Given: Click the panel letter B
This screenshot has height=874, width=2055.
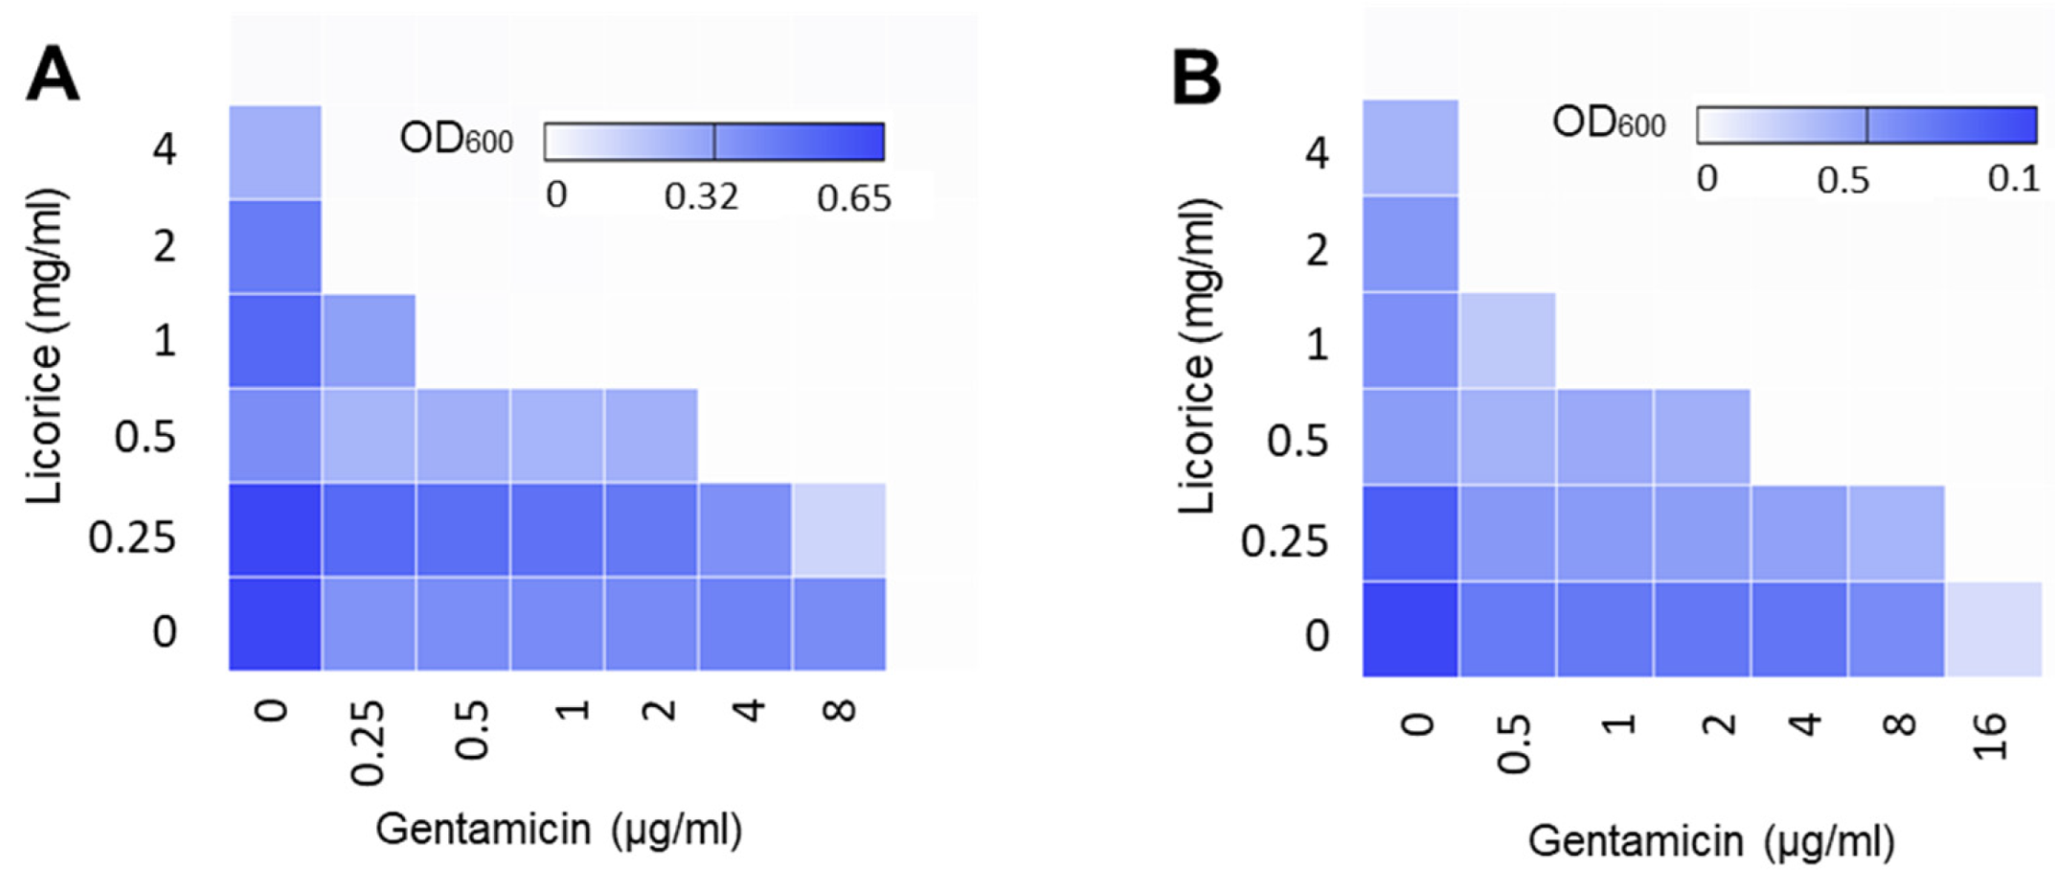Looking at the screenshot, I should pyautogui.click(x=1196, y=77).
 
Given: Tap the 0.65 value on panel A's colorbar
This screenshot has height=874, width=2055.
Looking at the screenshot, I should pyautogui.click(x=853, y=198).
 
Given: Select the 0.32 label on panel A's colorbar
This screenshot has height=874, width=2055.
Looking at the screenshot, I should pyautogui.click(x=701, y=196).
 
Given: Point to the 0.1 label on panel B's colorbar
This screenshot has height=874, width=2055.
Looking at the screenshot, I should pyautogui.click(x=2013, y=178).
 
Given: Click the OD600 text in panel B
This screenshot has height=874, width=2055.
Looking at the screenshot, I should pyautogui.click(x=1608, y=123).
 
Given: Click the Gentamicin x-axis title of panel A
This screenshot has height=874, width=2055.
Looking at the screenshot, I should pyautogui.click(x=558, y=829).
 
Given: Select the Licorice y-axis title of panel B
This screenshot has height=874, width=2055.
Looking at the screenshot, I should pyautogui.click(x=1197, y=356).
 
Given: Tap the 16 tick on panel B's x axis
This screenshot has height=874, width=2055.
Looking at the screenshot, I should pyautogui.click(x=1991, y=736).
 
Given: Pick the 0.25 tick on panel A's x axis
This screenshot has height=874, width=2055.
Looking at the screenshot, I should pyautogui.click(x=369, y=743).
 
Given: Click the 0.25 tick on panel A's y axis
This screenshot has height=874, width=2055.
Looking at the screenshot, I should pyautogui.click(x=132, y=537).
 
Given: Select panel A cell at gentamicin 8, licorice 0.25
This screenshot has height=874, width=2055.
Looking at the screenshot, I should pyautogui.click(x=839, y=530).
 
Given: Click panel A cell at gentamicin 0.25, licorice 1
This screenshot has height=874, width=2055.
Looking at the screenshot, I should pyautogui.click(x=369, y=341).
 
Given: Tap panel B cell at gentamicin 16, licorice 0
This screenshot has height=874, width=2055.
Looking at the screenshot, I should pyautogui.click(x=1993, y=629).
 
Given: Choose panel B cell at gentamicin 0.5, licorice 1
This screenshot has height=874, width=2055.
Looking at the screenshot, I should pyautogui.click(x=1507, y=340).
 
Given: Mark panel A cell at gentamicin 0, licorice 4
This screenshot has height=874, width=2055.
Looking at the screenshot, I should pyautogui.click(x=275, y=151).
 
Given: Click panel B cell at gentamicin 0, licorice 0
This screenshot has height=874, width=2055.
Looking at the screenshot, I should pyautogui.click(x=1411, y=629).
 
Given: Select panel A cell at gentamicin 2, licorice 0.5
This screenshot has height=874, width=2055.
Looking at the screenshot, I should pyautogui.click(x=651, y=435).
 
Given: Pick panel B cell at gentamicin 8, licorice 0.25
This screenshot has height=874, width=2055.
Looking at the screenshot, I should pyautogui.click(x=1896, y=533).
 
